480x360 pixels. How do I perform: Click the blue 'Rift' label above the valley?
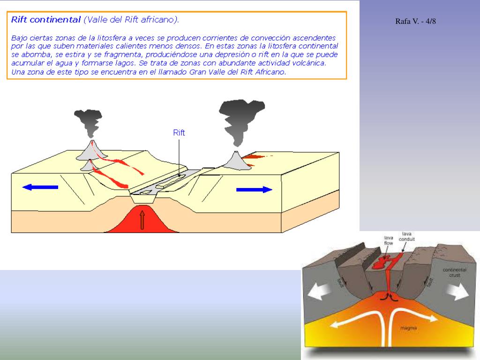click(179, 133)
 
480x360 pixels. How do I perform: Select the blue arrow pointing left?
click(40, 187)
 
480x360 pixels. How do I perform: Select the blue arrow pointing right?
click(254, 189)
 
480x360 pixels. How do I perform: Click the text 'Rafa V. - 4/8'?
click(416, 21)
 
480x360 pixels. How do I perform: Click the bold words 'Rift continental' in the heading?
click(46, 20)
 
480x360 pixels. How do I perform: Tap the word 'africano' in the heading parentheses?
click(157, 20)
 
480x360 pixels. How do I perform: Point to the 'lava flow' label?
click(389, 240)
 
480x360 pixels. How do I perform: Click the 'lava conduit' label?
click(406, 236)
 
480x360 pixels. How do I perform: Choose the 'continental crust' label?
click(454, 272)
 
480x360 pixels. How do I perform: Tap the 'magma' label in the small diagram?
click(406, 328)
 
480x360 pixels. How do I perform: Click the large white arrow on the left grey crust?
click(320, 291)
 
